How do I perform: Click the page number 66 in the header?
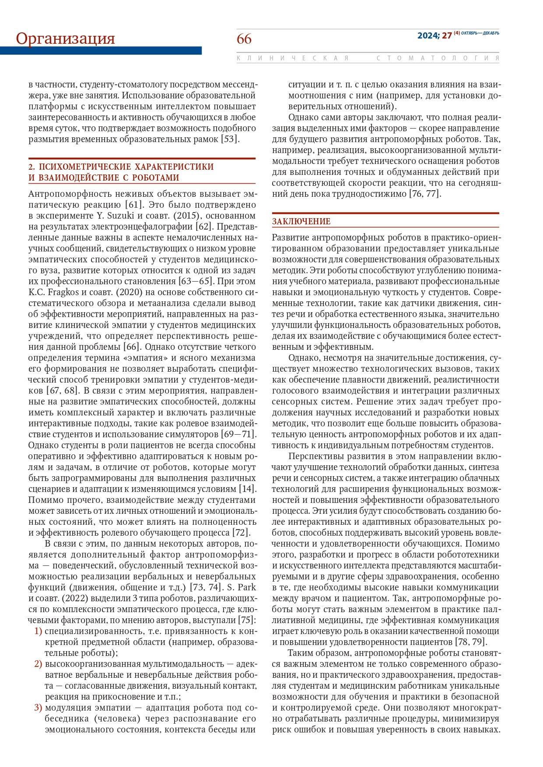244,39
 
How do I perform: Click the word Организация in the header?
66,38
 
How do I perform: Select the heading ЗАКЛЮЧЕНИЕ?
301,222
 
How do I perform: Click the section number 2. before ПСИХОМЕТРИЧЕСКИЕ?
32,167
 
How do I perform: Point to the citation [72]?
241,532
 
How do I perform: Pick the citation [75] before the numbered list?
247,620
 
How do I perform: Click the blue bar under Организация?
101,51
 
